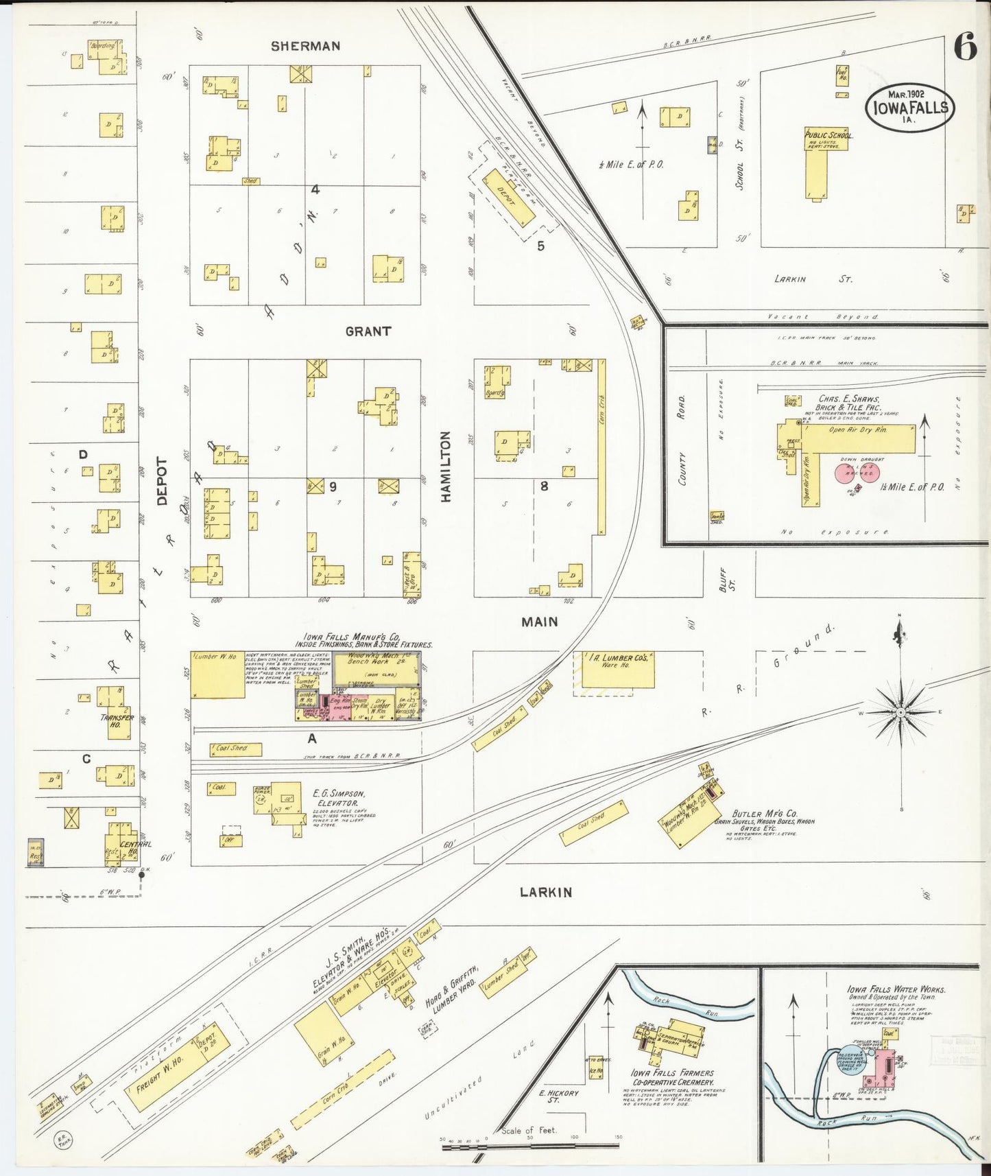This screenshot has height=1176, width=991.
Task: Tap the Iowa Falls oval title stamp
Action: click(x=909, y=107)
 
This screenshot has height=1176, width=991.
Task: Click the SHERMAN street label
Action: click(x=305, y=47)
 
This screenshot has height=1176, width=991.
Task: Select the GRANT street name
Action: click(x=368, y=331)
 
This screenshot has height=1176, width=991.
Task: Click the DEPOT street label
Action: click(x=162, y=481)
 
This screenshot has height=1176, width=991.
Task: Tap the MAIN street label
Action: click(x=540, y=622)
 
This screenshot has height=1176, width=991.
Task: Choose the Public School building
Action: click(x=822, y=165)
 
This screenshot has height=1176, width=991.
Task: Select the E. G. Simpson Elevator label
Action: click(x=336, y=797)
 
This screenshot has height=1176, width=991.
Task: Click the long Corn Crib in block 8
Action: click(x=601, y=446)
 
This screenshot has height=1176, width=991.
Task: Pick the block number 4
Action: click(x=315, y=190)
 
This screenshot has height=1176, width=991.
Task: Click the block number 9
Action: click(x=333, y=486)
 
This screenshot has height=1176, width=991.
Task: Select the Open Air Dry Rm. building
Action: click(x=859, y=439)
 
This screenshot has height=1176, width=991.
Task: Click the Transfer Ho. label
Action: click(x=117, y=720)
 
